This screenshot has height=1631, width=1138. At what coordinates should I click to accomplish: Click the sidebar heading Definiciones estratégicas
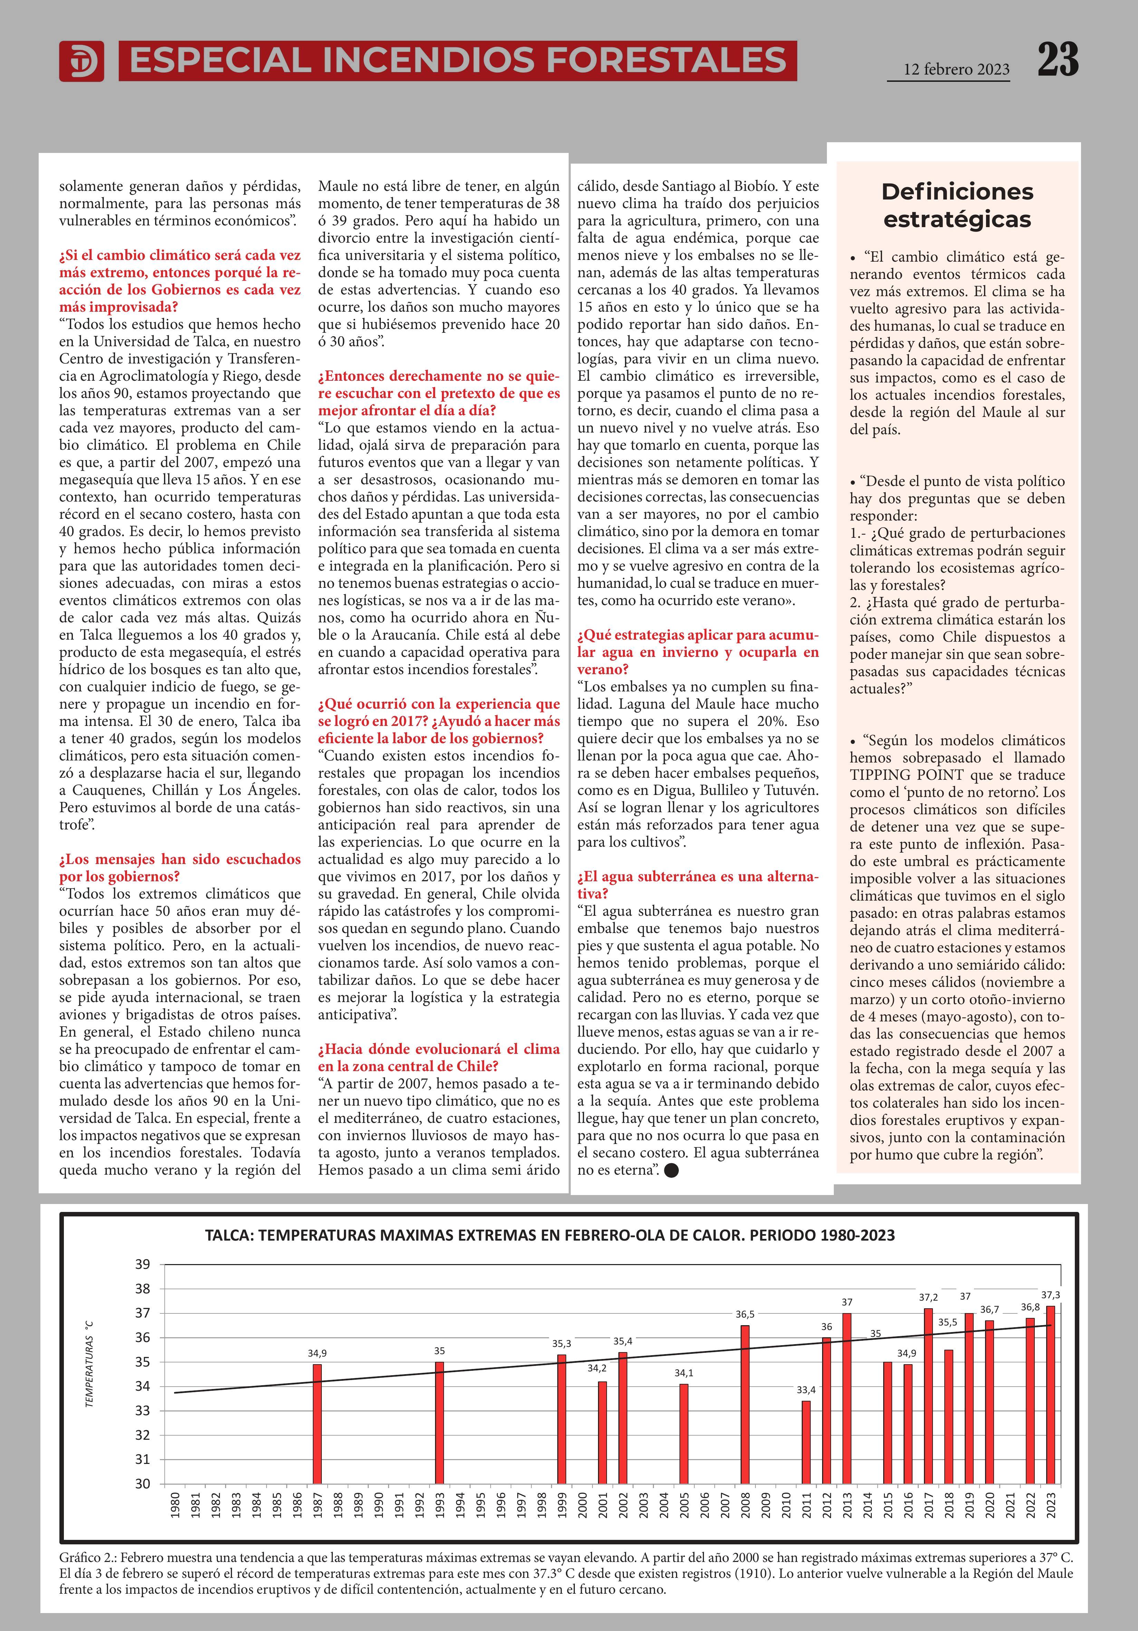click(x=957, y=205)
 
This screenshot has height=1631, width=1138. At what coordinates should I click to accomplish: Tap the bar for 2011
click(x=806, y=1442)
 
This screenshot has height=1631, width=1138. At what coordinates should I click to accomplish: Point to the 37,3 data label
click(x=1050, y=1295)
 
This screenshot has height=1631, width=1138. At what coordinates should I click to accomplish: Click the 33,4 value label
click(x=806, y=1389)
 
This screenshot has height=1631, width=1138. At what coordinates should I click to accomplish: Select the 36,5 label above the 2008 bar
click(x=744, y=1314)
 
